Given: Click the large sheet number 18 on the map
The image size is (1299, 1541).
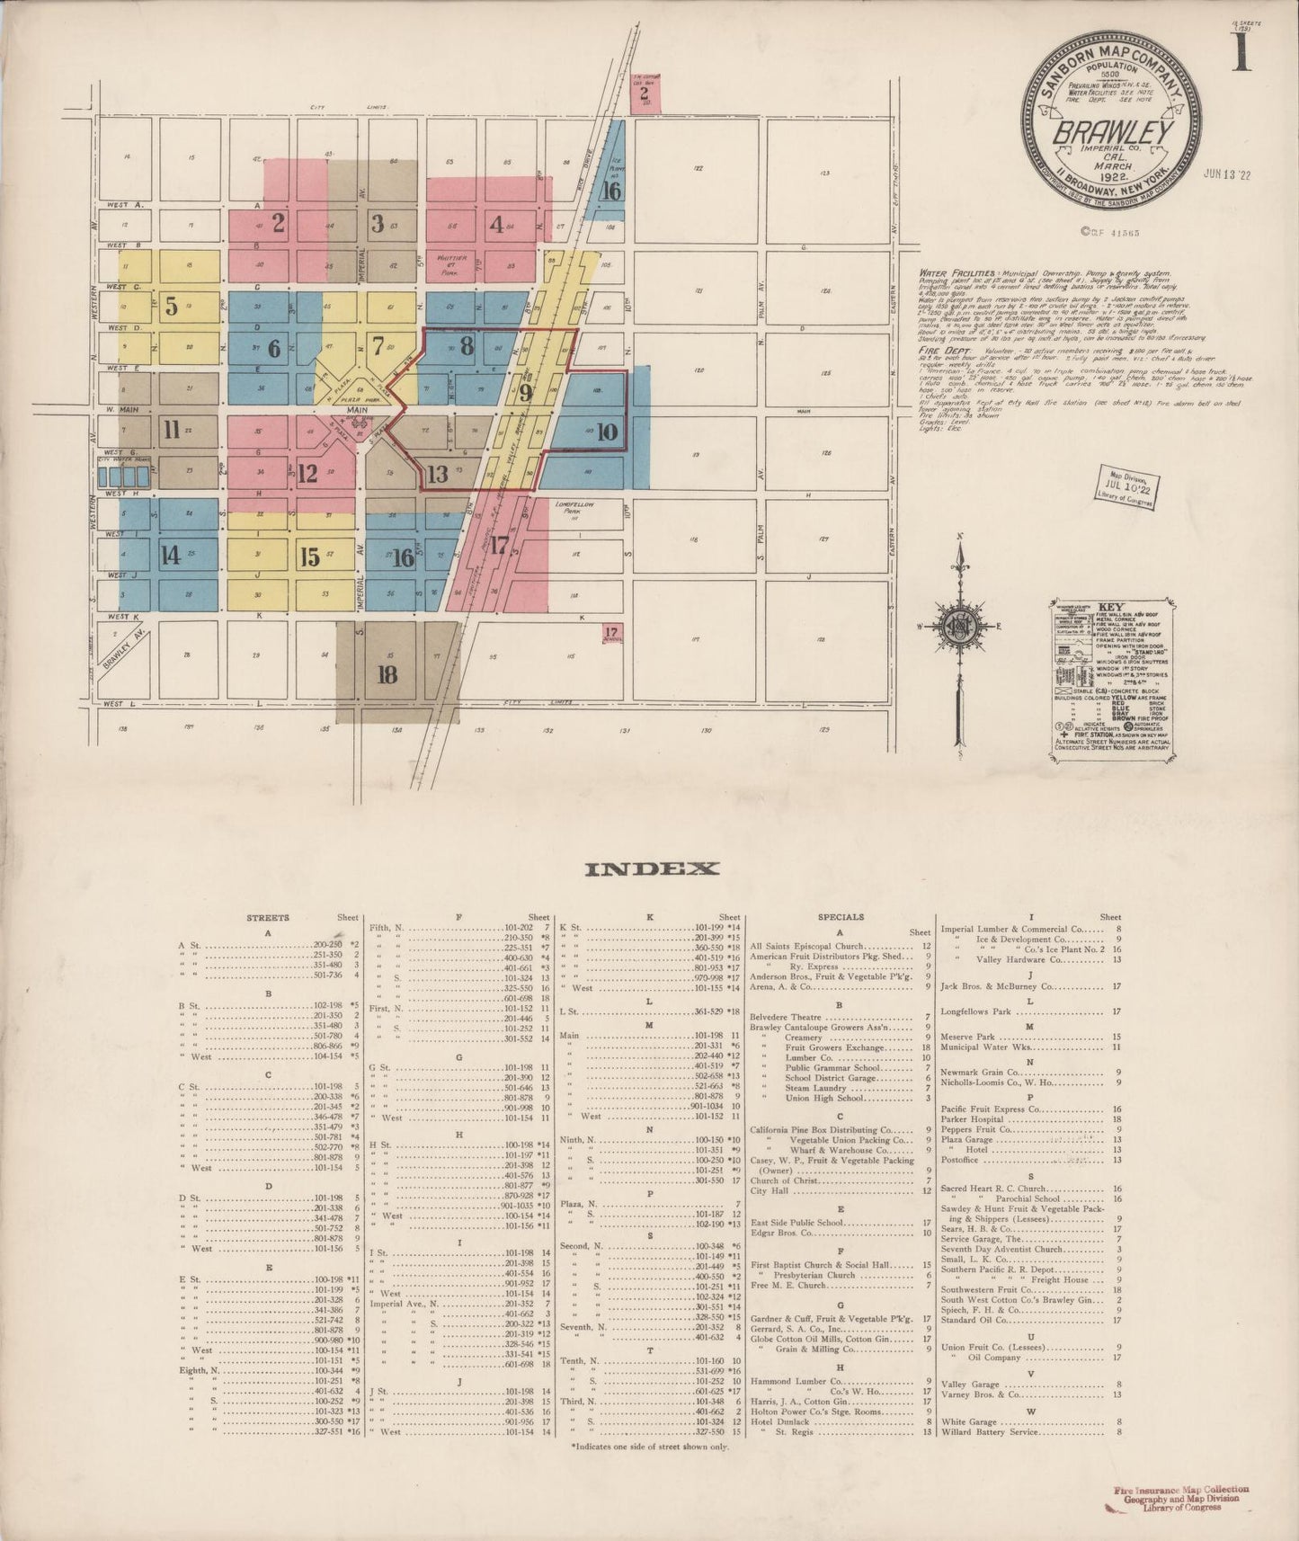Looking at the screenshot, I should [387, 674].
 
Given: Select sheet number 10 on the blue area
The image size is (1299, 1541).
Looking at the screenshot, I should [607, 432].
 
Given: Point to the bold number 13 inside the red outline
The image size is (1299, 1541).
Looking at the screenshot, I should [438, 474].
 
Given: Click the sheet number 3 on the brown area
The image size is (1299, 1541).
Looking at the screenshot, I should [378, 223].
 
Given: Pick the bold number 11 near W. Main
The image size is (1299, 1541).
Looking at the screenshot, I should [172, 430].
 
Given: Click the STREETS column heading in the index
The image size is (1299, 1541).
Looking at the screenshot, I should [268, 918].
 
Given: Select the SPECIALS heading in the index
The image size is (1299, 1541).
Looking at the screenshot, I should [840, 917].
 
